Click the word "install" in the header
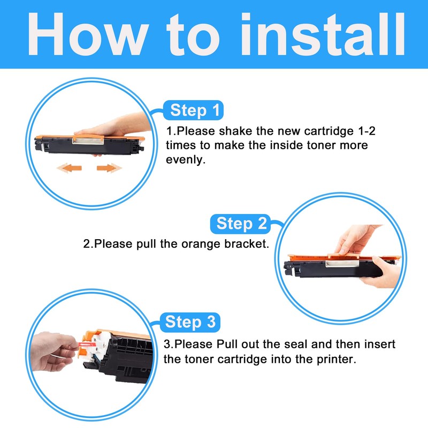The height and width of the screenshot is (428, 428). (x=323, y=34)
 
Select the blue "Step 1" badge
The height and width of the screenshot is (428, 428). (x=194, y=110)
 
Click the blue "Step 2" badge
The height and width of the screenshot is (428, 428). (x=240, y=224)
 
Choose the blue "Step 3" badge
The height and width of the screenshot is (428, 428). (x=190, y=322)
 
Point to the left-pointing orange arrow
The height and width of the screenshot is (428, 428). (x=70, y=167)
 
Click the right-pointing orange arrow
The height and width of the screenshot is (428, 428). (x=109, y=168)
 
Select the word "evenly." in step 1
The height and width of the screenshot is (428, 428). (x=186, y=160)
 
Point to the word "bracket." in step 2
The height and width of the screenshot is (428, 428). (x=247, y=244)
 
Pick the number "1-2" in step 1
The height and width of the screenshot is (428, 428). (x=366, y=131)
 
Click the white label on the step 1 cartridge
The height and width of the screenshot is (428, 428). (x=88, y=141)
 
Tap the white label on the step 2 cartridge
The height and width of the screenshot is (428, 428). (x=342, y=263)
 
